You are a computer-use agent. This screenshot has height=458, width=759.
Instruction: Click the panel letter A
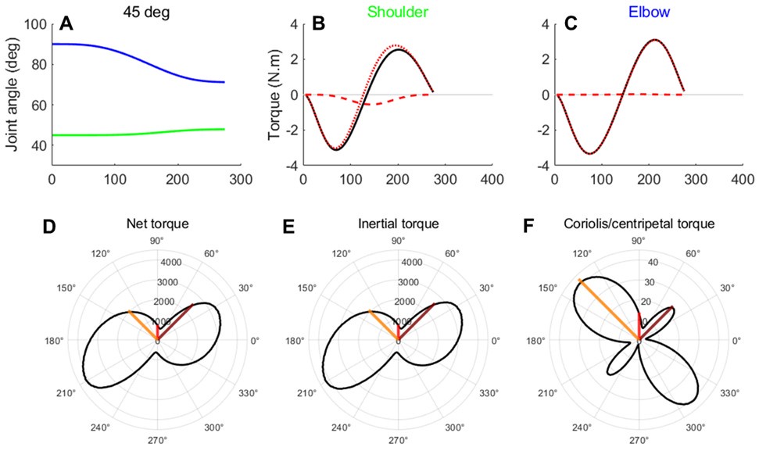[67, 26]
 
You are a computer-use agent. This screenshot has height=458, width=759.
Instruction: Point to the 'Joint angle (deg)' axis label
[14, 94]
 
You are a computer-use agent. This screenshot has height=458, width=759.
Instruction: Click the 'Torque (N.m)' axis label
[274, 94]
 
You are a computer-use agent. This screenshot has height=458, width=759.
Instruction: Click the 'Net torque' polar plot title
[157, 224]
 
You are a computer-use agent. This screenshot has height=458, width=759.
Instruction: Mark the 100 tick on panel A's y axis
[35, 24]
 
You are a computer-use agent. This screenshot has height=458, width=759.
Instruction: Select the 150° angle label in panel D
[66, 288]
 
